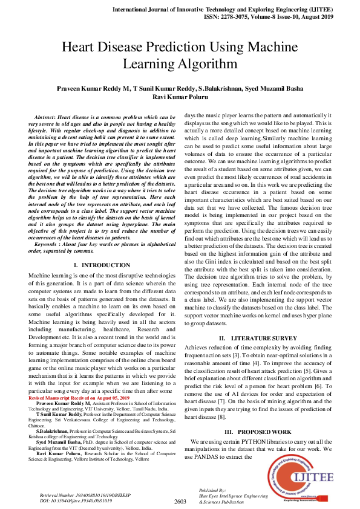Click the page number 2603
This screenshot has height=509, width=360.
[180, 501]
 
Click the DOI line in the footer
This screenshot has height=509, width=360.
[67, 501]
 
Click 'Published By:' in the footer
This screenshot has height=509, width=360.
[212, 490]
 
